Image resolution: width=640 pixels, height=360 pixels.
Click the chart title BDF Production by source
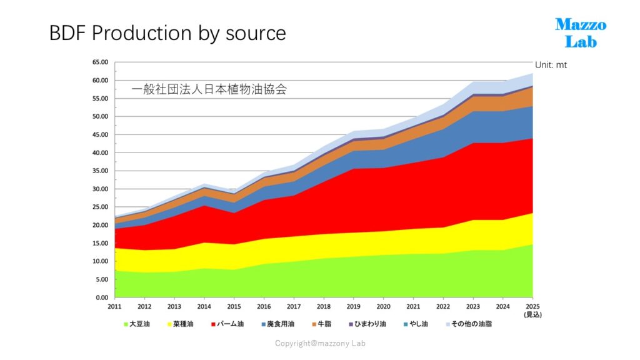(x=167, y=33)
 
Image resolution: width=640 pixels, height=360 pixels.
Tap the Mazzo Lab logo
(x=581, y=33)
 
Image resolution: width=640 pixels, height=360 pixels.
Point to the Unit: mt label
(x=551, y=65)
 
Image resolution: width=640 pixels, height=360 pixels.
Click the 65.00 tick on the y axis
(x=100, y=62)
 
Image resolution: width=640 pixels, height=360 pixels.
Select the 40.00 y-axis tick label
(x=100, y=152)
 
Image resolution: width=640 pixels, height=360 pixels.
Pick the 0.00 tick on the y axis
(x=102, y=297)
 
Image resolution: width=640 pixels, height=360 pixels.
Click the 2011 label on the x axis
(x=115, y=306)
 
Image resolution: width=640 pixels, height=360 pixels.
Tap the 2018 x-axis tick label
(x=324, y=306)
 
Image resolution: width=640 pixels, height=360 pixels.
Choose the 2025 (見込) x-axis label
(x=532, y=310)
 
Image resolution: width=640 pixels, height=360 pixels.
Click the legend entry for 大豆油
(x=137, y=324)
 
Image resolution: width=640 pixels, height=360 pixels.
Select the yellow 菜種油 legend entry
(x=181, y=324)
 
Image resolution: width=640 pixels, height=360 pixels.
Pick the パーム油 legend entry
(x=227, y=324)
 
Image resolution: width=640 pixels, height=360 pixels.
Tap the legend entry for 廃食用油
(x=278, y=324)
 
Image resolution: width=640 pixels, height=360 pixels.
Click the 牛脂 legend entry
(x=322, y=324)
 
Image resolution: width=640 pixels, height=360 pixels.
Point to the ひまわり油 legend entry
(x=367, y=324)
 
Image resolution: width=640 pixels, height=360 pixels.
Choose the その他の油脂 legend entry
(x=469, y=324)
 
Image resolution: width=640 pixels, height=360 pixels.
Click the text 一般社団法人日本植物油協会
(x=209, y=89)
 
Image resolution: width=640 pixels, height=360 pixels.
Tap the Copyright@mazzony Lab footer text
(x=320, y=343)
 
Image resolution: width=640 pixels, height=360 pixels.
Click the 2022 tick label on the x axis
(x=443, y=306)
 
